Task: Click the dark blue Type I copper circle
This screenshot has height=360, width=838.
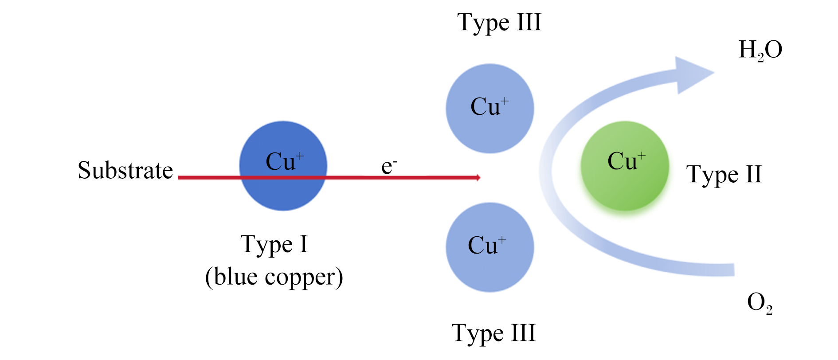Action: click(283, 166)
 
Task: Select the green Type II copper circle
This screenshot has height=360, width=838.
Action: click(625, 166)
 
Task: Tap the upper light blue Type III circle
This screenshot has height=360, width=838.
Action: click(490, 109)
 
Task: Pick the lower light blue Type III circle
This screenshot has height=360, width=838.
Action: click(490, 247)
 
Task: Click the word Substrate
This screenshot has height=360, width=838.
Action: click(125, 170)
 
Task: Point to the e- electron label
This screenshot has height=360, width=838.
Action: click(389, 166)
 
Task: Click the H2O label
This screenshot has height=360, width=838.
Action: click(760, 50)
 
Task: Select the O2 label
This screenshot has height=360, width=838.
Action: click(760, 304)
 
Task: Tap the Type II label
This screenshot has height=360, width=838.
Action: click(724, 174)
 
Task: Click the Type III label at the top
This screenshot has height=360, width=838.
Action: click(499, 23)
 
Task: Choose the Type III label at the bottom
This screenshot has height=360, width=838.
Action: click(493, 333)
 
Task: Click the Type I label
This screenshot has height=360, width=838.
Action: click(274, 245)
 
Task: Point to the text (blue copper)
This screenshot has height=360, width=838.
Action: click(274, 278)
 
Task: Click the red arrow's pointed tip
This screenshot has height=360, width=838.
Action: click(480, 178)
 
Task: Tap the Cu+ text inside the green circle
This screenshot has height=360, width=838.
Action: click(627, 161)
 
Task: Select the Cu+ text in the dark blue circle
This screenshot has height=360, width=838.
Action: click(285, 161)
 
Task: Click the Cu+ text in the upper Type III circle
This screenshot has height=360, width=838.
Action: click(489, 107)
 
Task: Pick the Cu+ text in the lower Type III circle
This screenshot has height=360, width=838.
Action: click(487, 246)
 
